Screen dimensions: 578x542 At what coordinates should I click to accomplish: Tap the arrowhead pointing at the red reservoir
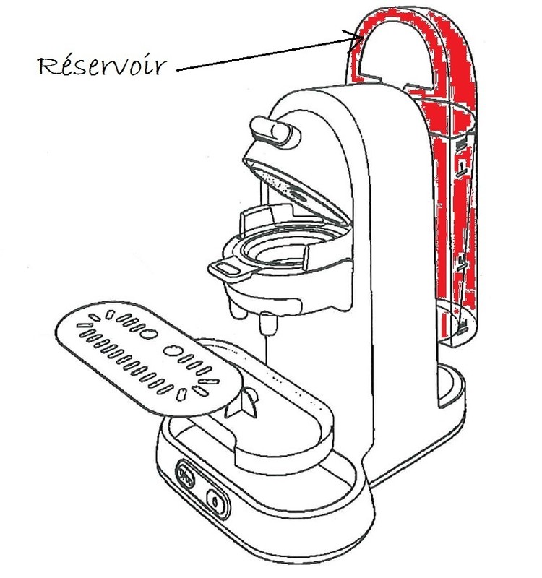coord(356,37)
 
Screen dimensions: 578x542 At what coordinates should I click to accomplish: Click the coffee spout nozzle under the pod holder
coord(267,323)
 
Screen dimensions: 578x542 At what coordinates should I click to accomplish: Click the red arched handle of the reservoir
coord(390,29)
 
